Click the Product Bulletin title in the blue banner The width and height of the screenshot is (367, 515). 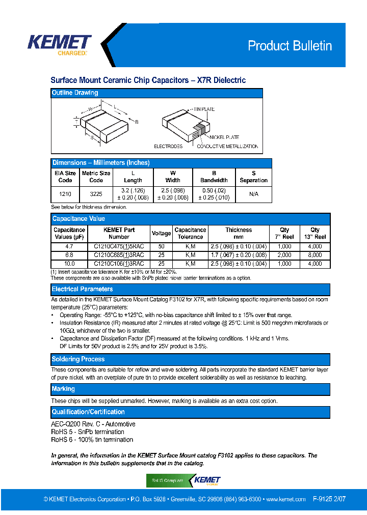tap(290, 46)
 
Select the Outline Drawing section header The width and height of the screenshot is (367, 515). tap(75, 93)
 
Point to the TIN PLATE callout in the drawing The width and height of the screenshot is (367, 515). tap(204, 109)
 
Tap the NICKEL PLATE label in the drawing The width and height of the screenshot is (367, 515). tap(224, 137)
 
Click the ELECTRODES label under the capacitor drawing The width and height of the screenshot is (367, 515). tap(168, 147)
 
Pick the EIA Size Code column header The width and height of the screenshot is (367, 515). tap(65, 177)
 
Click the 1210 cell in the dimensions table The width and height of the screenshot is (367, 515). tap(65, 194)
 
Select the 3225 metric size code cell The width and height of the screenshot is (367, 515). tap(96, 194)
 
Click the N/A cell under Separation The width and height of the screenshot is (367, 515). tap(253, 194)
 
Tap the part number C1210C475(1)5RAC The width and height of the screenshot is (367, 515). tap(119, 246)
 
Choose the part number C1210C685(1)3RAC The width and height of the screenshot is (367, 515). tap(119, 255)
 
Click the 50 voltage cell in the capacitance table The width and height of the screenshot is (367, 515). tap(161, 246)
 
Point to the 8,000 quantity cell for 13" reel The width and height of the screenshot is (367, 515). tap(315, 255)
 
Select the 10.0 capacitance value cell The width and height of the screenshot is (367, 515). tap(69, 264)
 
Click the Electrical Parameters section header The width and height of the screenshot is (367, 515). tap(82, 289)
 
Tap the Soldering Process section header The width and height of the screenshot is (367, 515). tap(78, 359)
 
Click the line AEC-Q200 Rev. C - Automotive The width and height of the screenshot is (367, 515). tap(93, 424)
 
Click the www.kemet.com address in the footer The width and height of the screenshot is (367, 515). tap(285, 499)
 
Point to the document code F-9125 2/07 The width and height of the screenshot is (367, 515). tap(329, 499)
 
